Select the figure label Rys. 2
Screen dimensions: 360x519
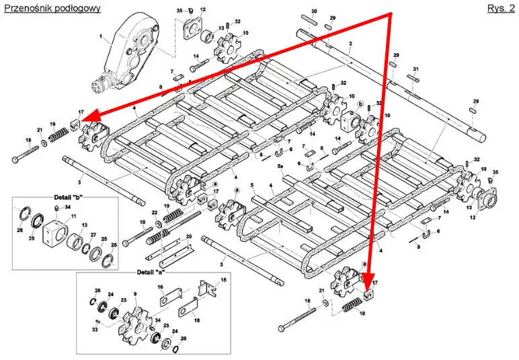click(500, 7)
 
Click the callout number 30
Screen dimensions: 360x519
click(314, 11)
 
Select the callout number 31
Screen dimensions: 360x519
click(416, 70)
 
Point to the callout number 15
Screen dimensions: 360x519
click(224, 279)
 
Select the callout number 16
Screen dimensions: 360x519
click(161, 288)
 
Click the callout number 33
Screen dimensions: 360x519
click(96, 330)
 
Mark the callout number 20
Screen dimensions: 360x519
click(189, 236)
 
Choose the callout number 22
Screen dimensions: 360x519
click(155, 213)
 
